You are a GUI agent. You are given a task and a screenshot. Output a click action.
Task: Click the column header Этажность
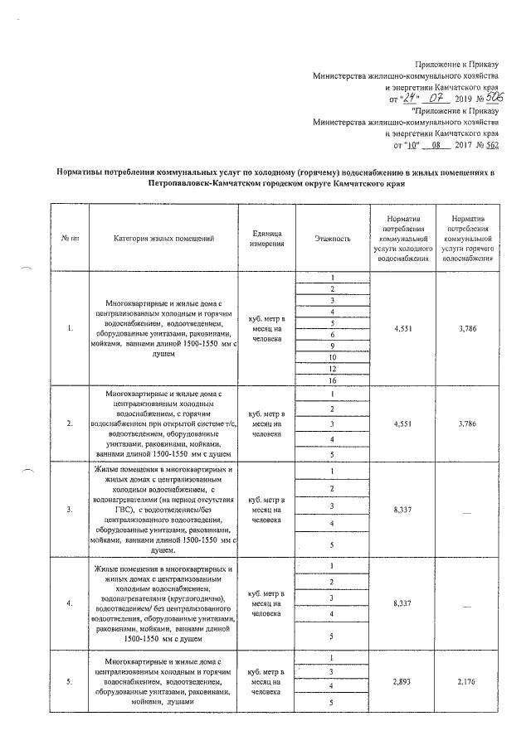point(332,239)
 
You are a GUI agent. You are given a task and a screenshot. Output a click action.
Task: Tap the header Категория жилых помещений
point(164,239)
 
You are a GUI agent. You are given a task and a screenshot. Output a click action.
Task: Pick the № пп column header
point(70,239)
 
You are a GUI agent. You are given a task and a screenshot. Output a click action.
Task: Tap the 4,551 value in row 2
point(401,423)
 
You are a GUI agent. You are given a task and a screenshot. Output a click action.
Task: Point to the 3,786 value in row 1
point(469,328)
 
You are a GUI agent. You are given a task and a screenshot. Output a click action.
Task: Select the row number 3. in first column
point(70,509)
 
